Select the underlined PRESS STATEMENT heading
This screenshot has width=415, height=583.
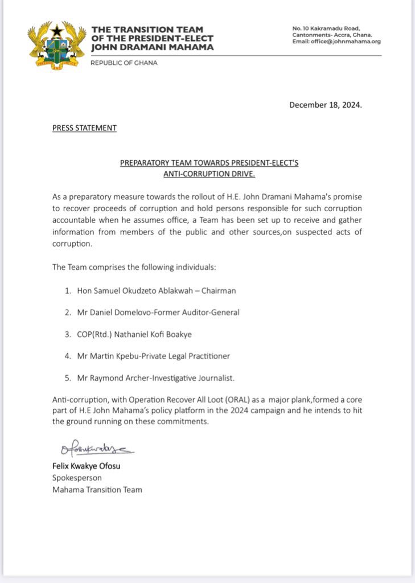click(x=84, y=128)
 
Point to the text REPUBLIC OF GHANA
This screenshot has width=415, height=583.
click(x=124, y=63)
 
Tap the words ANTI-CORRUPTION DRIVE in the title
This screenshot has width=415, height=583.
click(x=209, y=174)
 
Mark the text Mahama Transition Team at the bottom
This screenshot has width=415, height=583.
click(x=97, y=490)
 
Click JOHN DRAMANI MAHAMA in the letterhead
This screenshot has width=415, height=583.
click(x=153, y=47)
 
